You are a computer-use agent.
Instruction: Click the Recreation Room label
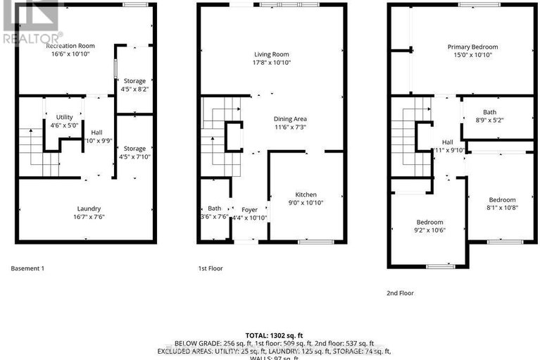[x=70, y=46]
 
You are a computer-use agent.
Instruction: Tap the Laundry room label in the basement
[x=89, y=209]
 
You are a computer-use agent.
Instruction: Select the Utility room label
[x=65, y=117]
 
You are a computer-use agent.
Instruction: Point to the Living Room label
[x=272, y=54]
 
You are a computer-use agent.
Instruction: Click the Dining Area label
[x=290, y=119]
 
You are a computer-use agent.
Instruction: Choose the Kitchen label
[x=306, y=194]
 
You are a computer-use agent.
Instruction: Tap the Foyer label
[x=250, y=209]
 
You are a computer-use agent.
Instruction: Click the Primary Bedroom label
[x=468, y=47]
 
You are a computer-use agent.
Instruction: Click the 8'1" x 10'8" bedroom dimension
[x=502, y=208]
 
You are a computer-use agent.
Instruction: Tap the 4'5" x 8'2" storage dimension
[x=134, y=90]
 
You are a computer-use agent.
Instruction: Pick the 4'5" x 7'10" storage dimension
[x=134, y=157]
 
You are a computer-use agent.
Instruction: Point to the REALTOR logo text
[x=32, y=39]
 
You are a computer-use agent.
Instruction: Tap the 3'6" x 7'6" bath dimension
[x=214, y=217]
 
